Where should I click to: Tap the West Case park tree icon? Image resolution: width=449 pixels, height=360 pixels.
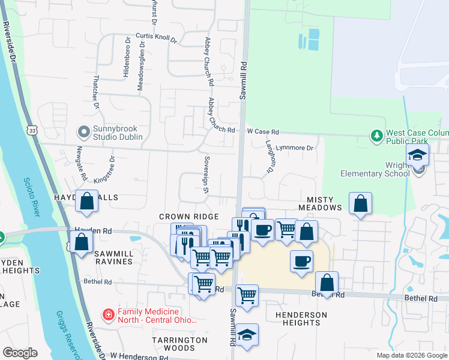(x=376, y=136)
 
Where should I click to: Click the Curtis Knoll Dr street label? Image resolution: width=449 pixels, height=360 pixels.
(x=157, y=38)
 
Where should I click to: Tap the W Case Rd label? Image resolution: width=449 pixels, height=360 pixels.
(x=263, y=131)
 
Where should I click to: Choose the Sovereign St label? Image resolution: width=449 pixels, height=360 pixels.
(x=205, y=175)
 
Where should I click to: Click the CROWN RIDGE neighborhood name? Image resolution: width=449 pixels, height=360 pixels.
(x=187, y=216)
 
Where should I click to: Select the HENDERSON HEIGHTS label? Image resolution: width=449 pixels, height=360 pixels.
(x=301, y=319)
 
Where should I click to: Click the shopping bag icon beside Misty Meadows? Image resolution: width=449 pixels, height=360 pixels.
(x=360, y=204)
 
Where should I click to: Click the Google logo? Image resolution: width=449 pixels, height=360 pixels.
(x=20, y=353)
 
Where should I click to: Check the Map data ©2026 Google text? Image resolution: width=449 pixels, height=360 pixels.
(x=411, y=355)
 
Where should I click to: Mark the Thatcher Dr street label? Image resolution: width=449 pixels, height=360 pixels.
(x=95, y=92)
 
